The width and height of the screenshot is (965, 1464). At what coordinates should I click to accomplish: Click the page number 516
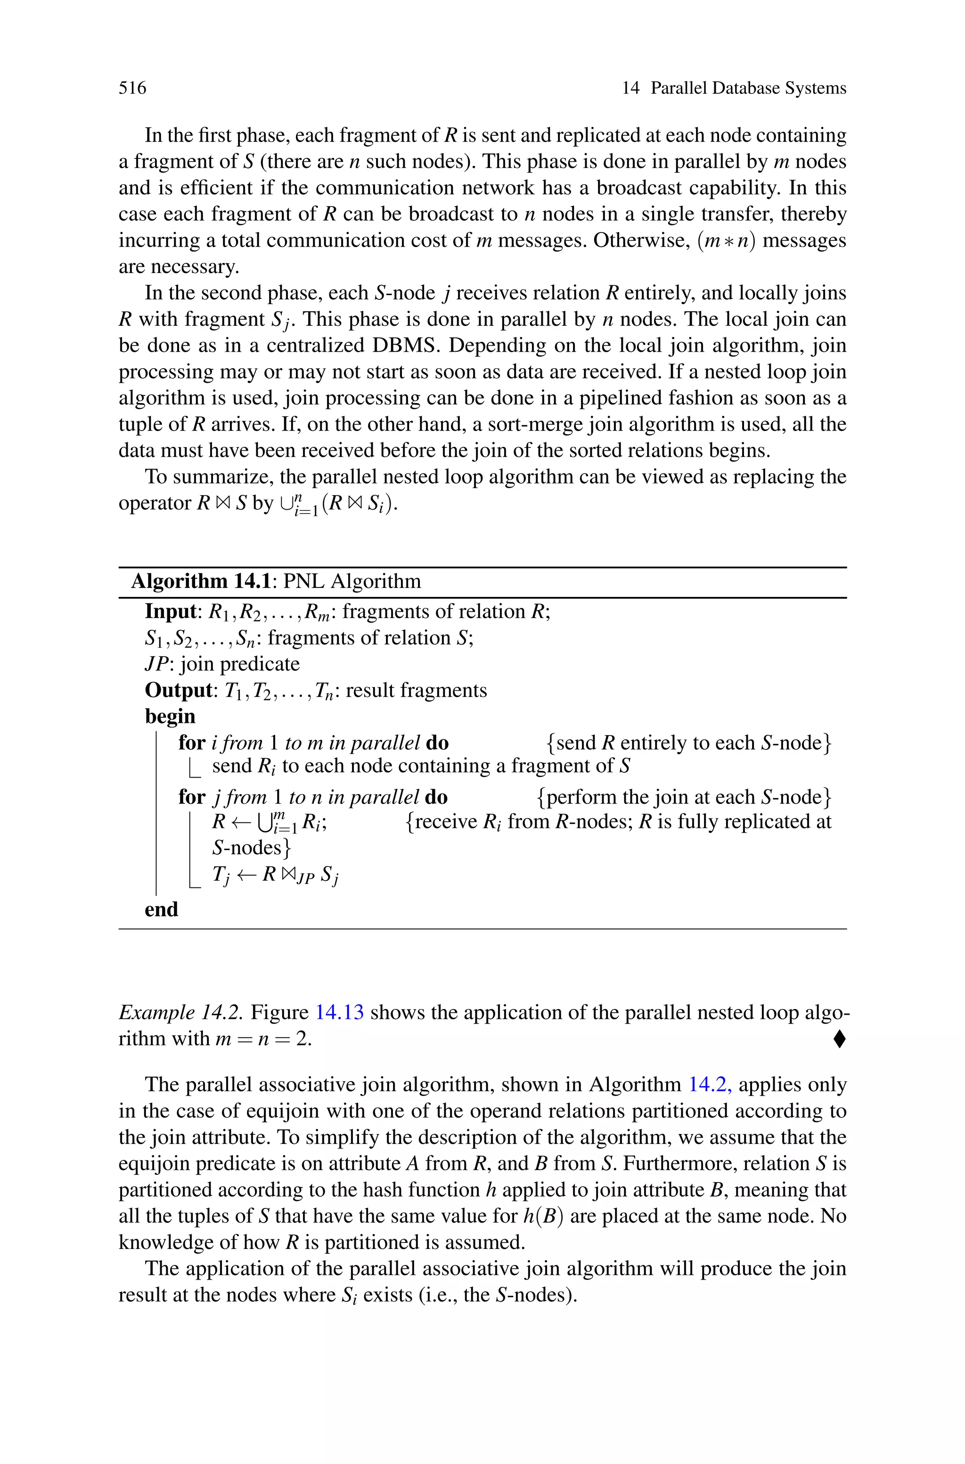point(132,88)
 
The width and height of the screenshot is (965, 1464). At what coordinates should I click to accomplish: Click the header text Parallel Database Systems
point(748,88)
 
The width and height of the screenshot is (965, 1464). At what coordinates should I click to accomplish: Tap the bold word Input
point(169,612)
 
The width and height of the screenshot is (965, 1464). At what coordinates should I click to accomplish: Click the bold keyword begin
point(170,717)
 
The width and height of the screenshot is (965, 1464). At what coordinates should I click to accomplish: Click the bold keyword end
point(161,910)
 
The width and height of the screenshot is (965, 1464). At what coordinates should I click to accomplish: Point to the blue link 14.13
point(339,1012)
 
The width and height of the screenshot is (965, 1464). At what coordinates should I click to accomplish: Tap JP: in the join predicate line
point(159,664)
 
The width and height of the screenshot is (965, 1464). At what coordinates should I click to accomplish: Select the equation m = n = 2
point(263,1039)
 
